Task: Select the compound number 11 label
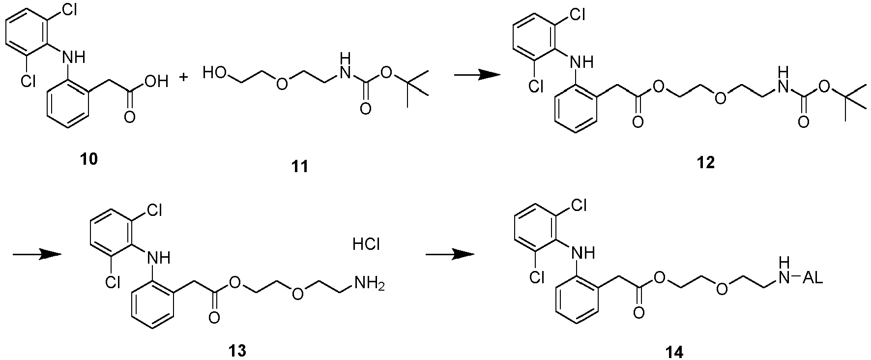coord(300,167)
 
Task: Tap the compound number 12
coord(706,163)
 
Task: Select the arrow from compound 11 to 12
coord(476,74)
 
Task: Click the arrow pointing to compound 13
coord(37,254)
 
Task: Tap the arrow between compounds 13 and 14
coord(449,254)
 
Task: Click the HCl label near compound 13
coord(366,244)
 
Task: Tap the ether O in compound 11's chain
coord(281,83)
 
